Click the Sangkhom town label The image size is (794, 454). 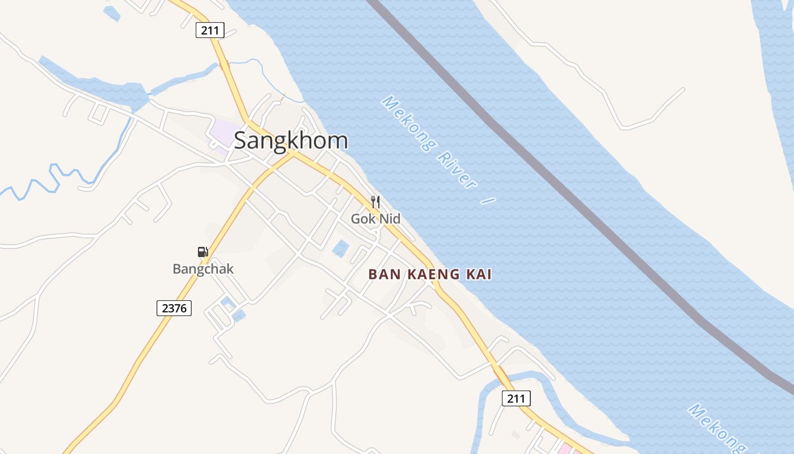[x=291, y=140]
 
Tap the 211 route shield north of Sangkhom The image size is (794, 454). [x=210, y=30]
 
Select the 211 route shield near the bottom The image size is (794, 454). [x=516, y=398]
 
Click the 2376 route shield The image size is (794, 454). [x=174, y=308]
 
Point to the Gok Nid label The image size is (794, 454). [x=375, y=218]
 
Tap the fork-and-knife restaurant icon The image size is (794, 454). [x=375, y=201]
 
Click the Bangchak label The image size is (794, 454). [x=203, y=269]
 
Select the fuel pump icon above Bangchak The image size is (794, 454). [x=202, y=252]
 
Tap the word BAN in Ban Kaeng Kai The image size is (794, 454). [x=381, y=275]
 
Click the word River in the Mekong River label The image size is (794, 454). [x=457, y=171]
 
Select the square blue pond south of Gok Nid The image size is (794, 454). [x=341, y=249]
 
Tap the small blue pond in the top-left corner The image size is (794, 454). [x=112, y=12]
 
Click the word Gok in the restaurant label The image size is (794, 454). [x=362, y=218]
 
